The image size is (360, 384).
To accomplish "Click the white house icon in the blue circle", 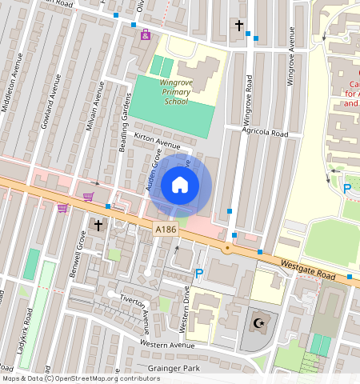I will point(180,186).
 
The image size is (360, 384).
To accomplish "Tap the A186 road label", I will point(166,230).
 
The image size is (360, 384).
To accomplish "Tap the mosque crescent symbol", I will point(258,323).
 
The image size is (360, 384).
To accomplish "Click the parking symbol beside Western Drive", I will point(199,274).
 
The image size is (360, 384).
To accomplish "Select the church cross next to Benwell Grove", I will point(98,226).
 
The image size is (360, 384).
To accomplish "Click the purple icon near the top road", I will point(145,34).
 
